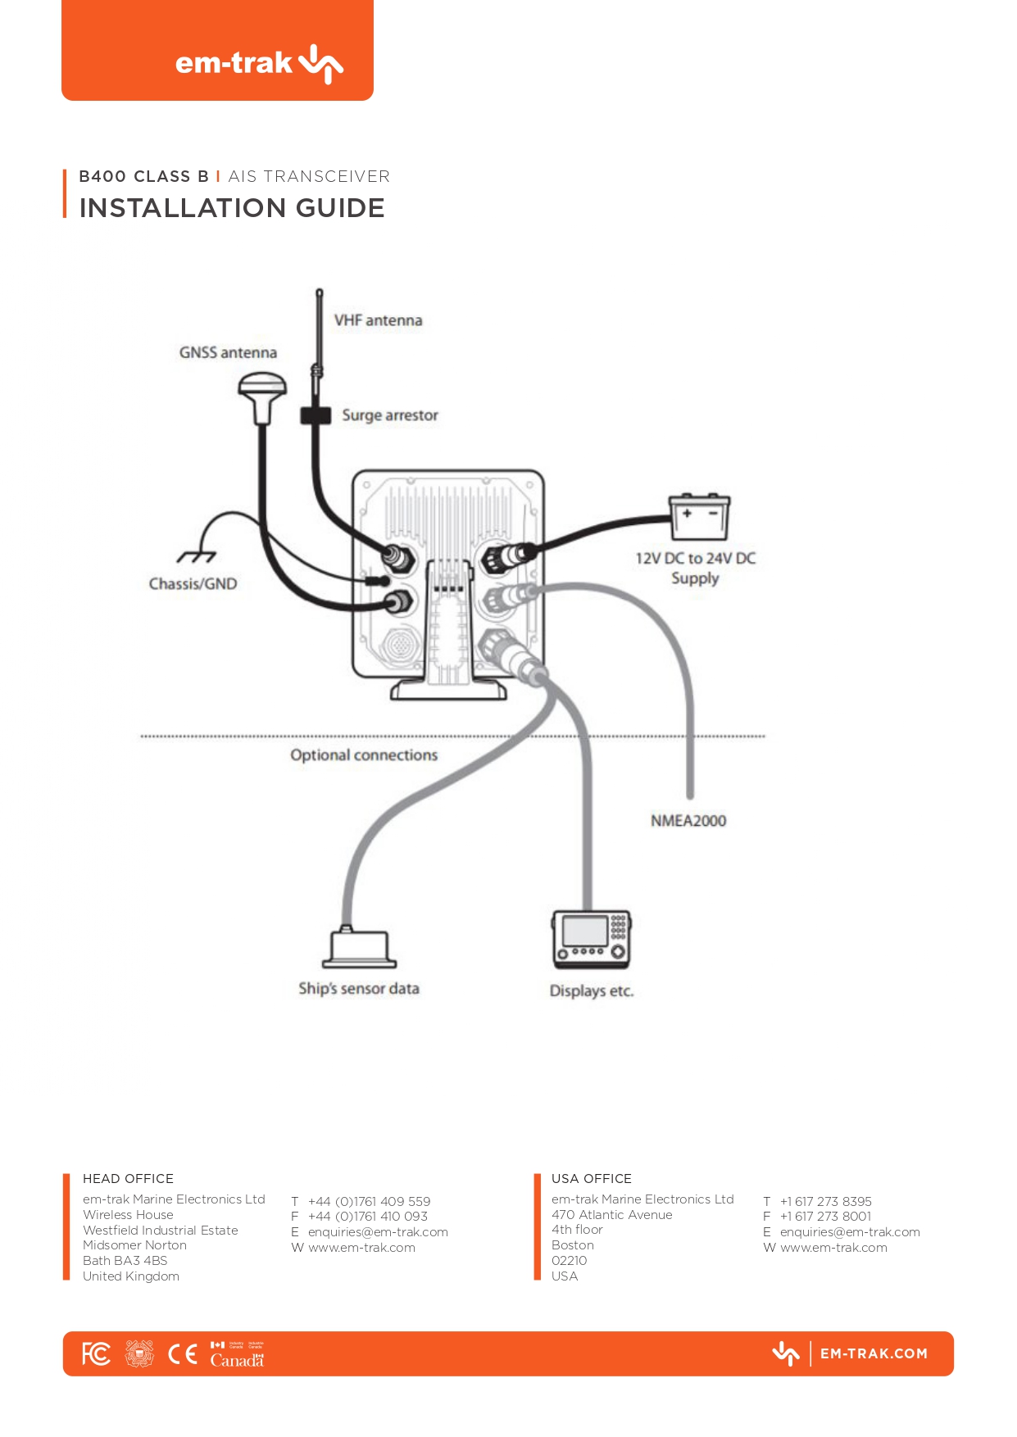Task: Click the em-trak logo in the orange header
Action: click(x=259, y=63)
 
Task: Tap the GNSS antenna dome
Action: click(x=262, y=388)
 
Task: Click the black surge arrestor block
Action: click(x=316, y=415)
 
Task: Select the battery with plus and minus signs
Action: click(x=699, y=517)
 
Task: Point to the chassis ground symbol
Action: click(x=197, y=556)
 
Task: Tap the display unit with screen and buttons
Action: click(x=592, y=939)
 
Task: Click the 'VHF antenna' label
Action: click(x=378, y=320)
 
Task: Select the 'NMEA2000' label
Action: click(x=688, y=821)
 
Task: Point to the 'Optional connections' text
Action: click(x=364, y=755)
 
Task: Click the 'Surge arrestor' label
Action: click(x=390, y=415)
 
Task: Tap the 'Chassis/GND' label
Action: click(x=193, y=584)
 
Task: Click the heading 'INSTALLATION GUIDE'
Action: click(x=232, y=208)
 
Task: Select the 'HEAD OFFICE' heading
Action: click(x=128, y=1179)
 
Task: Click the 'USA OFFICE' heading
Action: click(x=592, y=1179)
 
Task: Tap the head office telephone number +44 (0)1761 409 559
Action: click(x=369, y=1202)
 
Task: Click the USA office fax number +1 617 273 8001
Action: click(x=825, y=1217)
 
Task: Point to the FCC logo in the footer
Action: click(x=96, y=1354)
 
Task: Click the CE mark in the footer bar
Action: click(x=183, y=1354)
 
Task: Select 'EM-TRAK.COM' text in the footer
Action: click(x=874, y=1354)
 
